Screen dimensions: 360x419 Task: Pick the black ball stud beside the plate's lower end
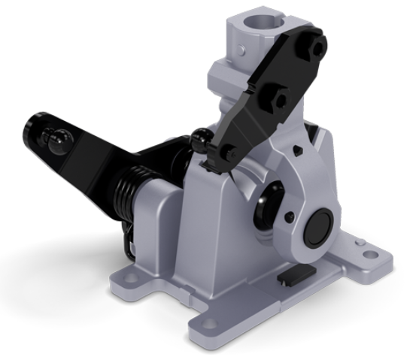pyautogui.click(x=200, y=138)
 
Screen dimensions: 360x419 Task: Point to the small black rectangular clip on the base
pyautogui.click(x=291, y=279)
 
